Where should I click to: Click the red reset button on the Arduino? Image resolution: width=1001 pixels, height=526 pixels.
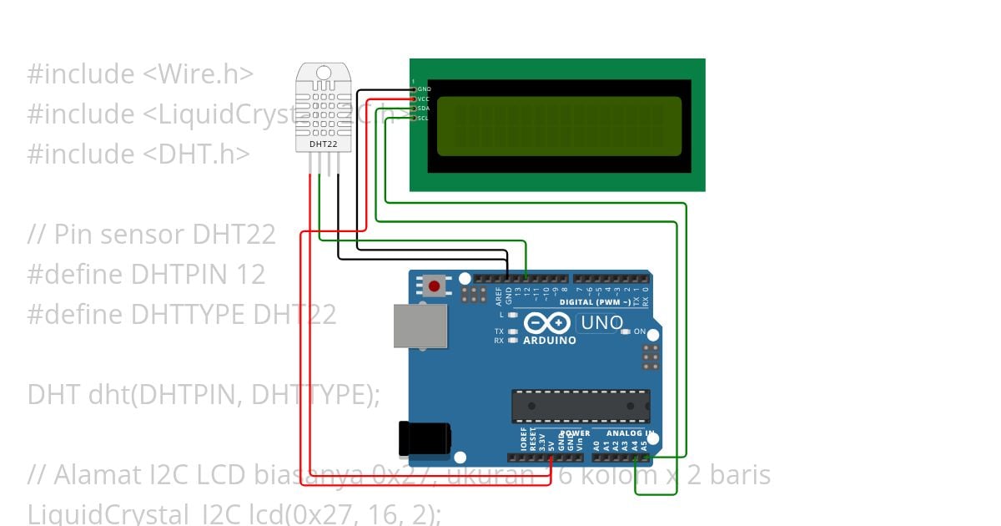point(433,286)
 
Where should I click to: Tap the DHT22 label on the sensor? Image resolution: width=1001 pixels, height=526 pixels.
point(324,144)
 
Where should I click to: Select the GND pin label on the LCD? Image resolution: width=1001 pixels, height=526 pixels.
point(424,89)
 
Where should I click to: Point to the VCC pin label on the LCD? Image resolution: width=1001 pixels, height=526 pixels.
point(424,99)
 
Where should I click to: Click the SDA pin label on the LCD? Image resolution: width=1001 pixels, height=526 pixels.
point(424,109)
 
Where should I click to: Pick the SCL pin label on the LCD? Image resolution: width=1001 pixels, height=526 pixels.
point(424,118)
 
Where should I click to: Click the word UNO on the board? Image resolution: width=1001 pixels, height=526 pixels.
point(603,322)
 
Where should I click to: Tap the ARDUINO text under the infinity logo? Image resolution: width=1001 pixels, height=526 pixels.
point(549,341)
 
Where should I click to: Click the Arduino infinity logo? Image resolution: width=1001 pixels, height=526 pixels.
point(546,323)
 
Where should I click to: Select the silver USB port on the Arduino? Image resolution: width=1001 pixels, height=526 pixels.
point(420,325)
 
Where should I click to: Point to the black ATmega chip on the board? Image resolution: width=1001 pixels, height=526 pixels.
point(581,405)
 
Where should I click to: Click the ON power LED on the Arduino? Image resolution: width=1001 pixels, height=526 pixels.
point(626,331)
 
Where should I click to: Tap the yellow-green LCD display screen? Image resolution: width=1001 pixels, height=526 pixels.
point(559,126)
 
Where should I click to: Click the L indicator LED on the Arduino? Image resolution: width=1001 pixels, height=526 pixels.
point(513,315)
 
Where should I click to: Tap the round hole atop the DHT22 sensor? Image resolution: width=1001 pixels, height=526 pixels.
point(324,73)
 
